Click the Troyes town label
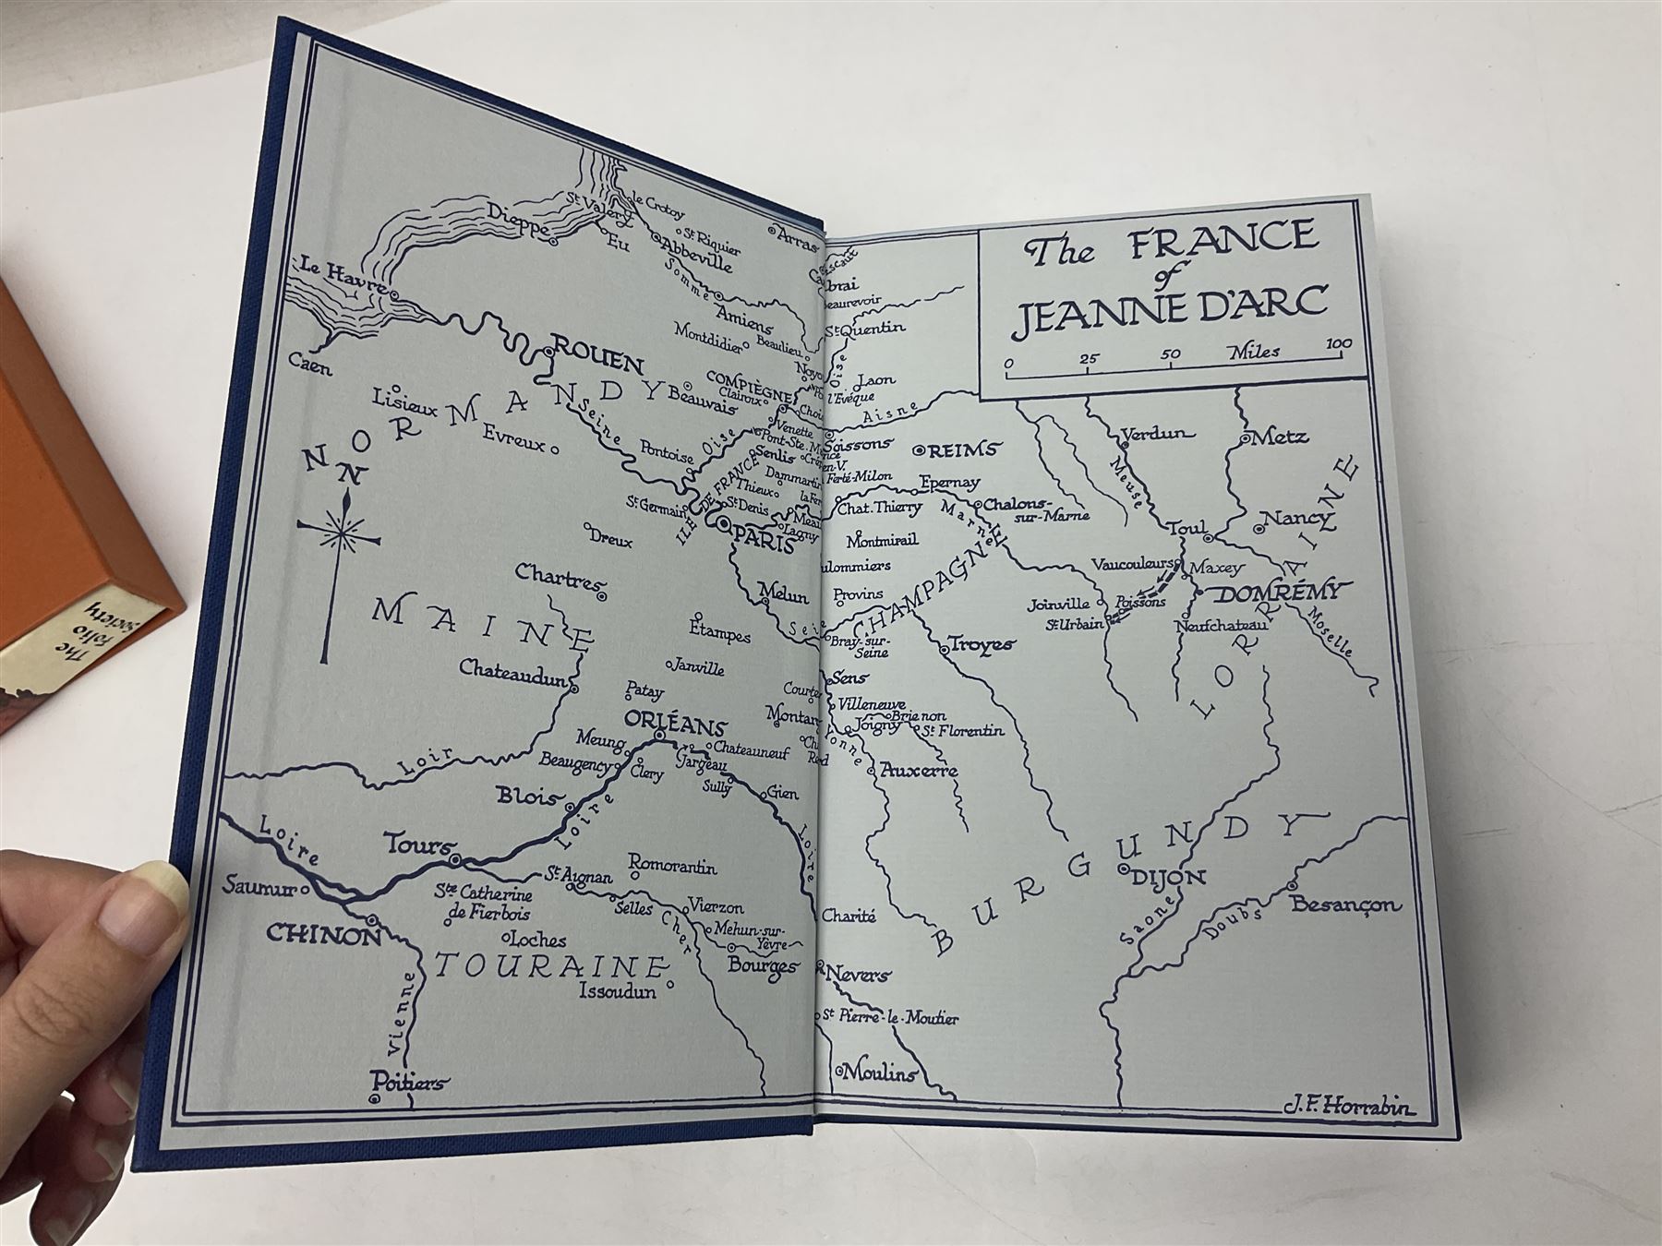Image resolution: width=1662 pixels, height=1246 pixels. [982, 644]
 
